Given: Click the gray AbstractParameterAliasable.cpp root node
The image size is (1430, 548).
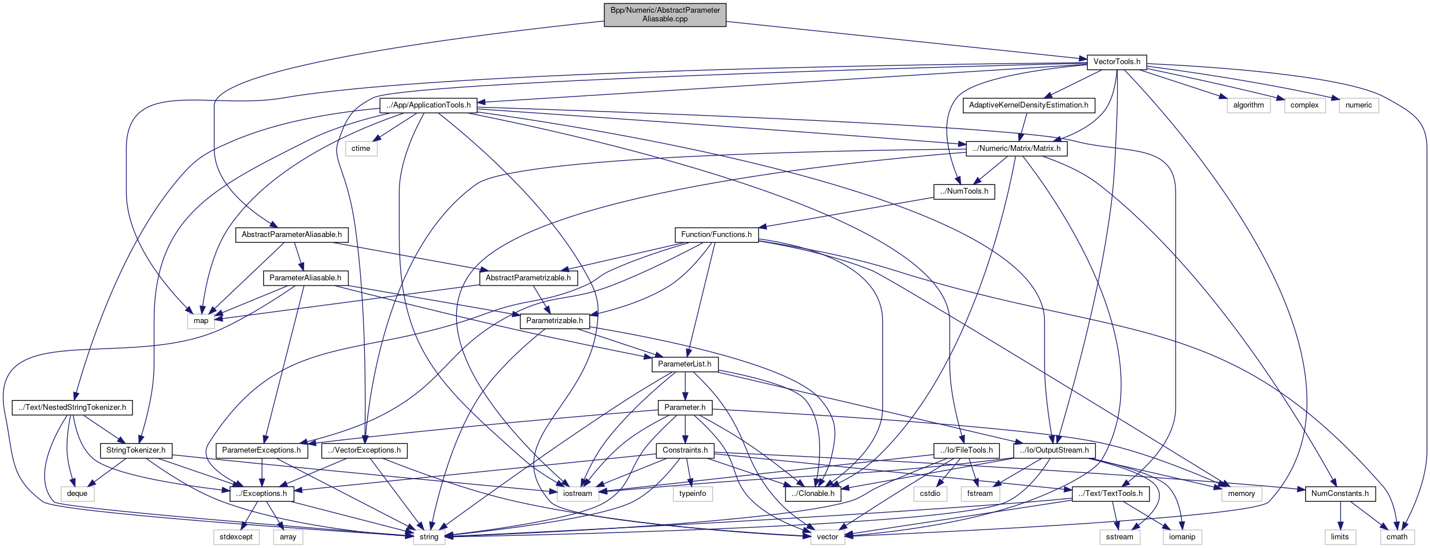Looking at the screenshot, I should coord(665,14).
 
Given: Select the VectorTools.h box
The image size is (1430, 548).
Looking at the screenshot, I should coord(1117,62).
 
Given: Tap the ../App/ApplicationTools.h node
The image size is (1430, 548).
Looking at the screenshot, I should coord(428,105).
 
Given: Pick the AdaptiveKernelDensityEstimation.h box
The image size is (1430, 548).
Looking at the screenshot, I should coord(1028,105).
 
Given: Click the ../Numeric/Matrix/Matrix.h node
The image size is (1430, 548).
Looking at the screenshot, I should coord(1017,149).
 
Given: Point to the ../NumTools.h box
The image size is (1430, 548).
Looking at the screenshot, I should coord(964,191).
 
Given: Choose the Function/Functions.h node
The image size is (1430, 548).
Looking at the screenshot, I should coord(716,235).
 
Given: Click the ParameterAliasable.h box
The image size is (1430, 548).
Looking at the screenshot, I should coord(305,278).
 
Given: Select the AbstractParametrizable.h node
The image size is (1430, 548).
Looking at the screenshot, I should coord(528,278).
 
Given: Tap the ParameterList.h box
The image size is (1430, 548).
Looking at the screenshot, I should coord(685,364).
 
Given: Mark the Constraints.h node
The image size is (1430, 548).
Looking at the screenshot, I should coord(685,450).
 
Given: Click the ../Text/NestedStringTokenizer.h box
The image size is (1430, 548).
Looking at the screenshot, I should coord(72,408).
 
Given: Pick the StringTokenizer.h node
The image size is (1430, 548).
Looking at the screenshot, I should coord(136,450).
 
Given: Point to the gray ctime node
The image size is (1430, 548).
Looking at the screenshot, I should coord(361,149).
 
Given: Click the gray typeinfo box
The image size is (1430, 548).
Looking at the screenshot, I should coord(693,494).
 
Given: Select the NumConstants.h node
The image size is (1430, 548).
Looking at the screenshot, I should coord(1340,494).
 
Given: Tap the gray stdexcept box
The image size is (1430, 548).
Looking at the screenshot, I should coord(236,537).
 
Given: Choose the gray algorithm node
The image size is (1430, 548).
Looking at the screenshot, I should coord(1248,105).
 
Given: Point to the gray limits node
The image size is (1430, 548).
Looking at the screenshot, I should coord(1340,537).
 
